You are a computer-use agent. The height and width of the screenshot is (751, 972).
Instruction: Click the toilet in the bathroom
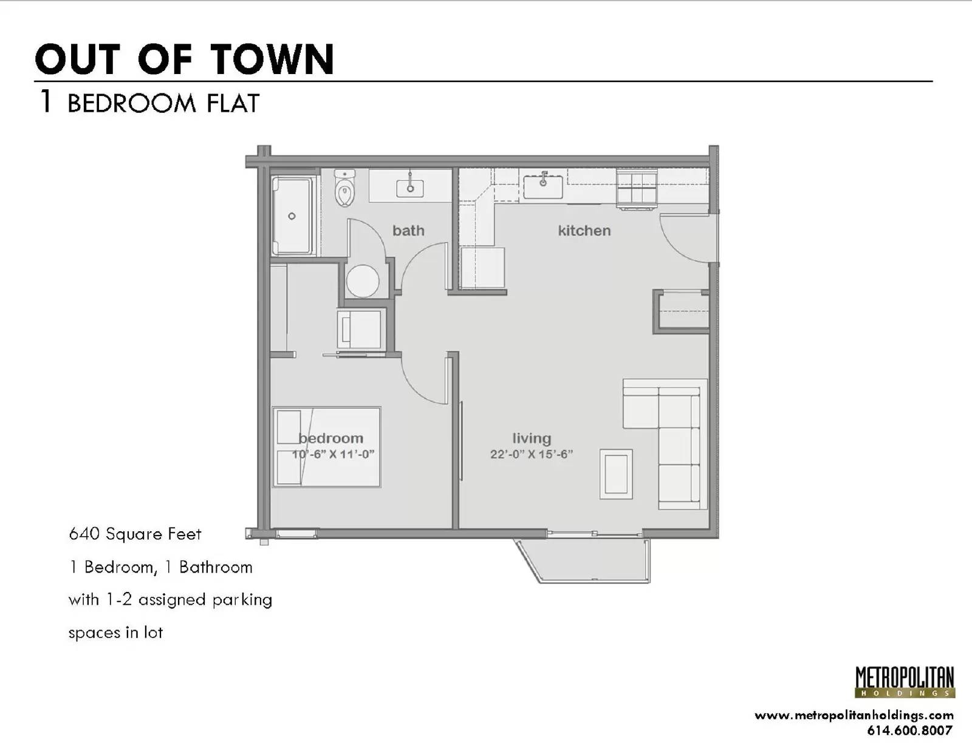pyautogui.click(x=344, y=188)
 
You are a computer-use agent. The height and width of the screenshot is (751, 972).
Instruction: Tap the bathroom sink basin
pyautogui.click(x=410, y=188)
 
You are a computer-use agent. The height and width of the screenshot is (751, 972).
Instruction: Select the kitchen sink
pyautogui.click(x=543, y=187)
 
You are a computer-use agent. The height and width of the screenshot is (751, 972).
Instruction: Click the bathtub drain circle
pyautogui.click(x=292, y=216)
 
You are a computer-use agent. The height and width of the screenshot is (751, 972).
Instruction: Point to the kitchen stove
pyautogui.click(x=637, y=189)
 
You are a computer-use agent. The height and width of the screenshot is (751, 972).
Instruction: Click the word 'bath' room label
pyautogui.click(x=408, y=231)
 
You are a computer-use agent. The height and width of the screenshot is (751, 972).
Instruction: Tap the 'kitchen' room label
pyautogui.click(x=584, y=231)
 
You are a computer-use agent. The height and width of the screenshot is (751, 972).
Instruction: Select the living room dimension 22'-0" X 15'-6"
pyautogui.click(x=532, y=454)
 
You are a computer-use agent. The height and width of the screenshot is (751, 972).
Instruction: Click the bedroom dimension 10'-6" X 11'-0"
pyautogui.click(x=333, y=454)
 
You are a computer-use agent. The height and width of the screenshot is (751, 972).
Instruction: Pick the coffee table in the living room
pyautogui.click(x=616, y=474)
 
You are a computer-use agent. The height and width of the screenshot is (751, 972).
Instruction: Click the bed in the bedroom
pyautogui.click(x=327, y=447)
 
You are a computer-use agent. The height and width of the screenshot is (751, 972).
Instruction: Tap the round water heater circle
pyautogui.click(x=362, y=281)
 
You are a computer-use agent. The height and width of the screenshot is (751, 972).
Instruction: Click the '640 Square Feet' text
pyautogui.click(x=135, y=534)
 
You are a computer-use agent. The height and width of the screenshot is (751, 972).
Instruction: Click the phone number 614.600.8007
pyautogui.click(x=909, y=730)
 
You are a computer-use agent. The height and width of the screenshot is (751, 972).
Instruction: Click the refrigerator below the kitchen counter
pyautogui.click(x=482, y=268)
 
